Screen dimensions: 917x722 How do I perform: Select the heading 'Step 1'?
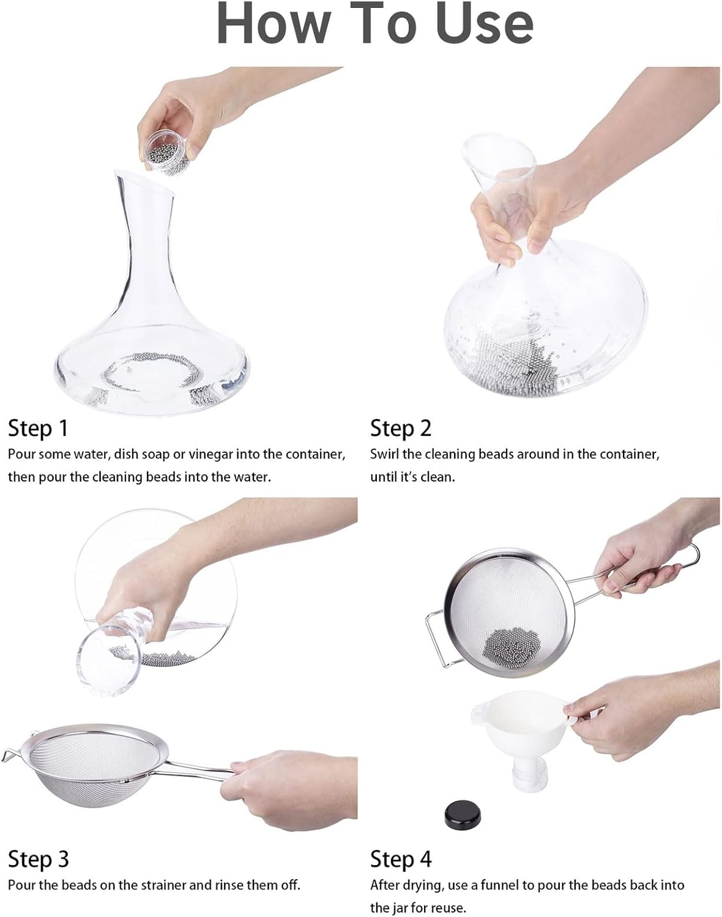pyautogui.click(x=38, y=428)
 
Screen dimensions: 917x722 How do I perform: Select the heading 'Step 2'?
pyautogui.click(x=401, y=428)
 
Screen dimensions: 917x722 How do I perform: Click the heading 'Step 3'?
pyautogui.click(x=38, y=859)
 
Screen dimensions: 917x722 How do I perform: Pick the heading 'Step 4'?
pyautogui.click(x=401, y=859)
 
